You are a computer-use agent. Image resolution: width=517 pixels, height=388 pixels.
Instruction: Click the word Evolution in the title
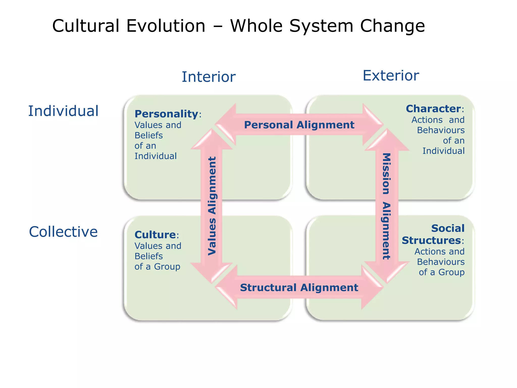click(x=166, y=26)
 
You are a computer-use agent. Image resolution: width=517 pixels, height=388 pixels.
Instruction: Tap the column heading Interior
click(x=209, y=77)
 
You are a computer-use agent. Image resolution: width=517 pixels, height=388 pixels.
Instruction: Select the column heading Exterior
click(x=391, y=76)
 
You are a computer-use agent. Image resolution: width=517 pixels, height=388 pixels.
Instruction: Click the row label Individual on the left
click(x=63, y=111)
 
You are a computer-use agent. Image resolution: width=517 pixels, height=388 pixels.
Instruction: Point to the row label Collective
click(x=63, y=232)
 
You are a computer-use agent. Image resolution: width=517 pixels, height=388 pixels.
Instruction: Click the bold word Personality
click(x=166, y=114)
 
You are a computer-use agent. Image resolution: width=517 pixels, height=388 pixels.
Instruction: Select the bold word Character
click(x=433, y=109)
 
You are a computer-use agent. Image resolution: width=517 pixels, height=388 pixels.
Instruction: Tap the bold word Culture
click(x=155, y=235)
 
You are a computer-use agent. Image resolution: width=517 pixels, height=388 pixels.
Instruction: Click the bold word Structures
click(x=431, y=240)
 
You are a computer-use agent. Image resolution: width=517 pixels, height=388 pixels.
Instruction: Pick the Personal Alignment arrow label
click(x=299, y=125)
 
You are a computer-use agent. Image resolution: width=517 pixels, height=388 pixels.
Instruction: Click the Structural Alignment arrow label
click(x=299, y=287)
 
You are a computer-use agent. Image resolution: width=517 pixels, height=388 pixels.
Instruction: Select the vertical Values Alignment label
click(x=212, y=206)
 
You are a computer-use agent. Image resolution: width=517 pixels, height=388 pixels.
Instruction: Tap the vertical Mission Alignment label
click(x=386, y=206)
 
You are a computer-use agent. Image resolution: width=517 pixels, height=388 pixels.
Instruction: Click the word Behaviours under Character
click(x=441, y=130)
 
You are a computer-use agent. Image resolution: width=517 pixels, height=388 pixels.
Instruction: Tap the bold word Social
click(x=448, y=228)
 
